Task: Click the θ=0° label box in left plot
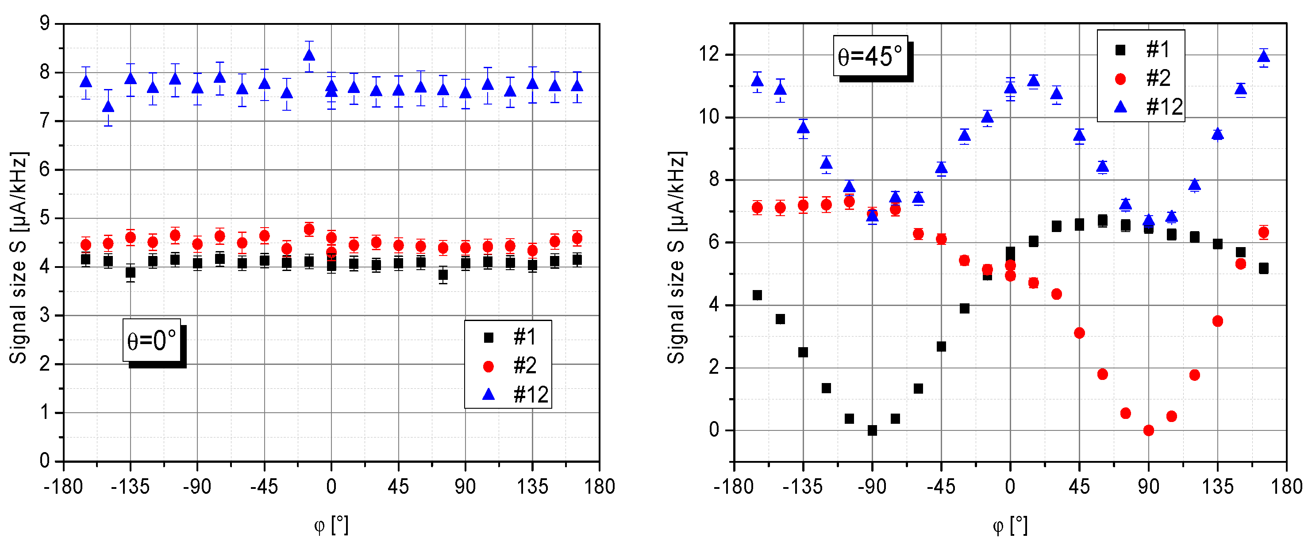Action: click(x=152, y=341)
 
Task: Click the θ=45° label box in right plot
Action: click(x=870, y=56)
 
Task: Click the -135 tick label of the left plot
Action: click(x=131, y=487)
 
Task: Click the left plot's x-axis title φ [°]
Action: click(x=331, y=525)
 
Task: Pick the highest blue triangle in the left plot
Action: click(x=309, y=54)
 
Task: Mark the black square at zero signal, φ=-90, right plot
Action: click(x=872, y=430)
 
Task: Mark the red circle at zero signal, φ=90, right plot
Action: click(x=1149, y=430)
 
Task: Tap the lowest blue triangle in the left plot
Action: click(x=108, y=106)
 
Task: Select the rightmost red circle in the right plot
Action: click(x=1263, y=232)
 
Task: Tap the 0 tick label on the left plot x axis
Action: click(x=331, y=487)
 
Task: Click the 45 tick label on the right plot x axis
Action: click(x=1079, y=487)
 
